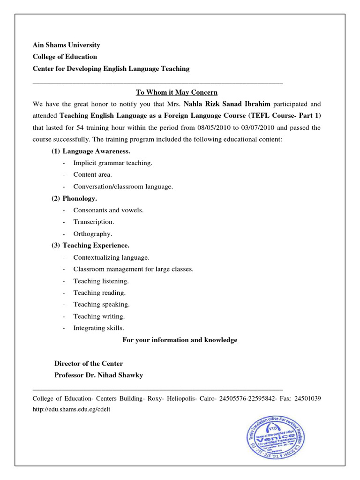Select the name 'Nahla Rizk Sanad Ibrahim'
pos(227,104)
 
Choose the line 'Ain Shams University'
pos(66,45)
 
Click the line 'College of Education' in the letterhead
pos(65,57)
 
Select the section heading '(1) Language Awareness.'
pos(91,151)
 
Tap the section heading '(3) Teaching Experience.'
pos(90,245)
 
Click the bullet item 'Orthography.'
pos(93,233)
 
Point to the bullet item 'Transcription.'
pos(94,222)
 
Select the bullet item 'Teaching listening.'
pos(101,281)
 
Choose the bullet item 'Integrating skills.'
pos(99,328)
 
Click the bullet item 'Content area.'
pos(93,175)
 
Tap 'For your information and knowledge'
pos(180,340)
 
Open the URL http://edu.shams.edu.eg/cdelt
pos(71,409)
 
